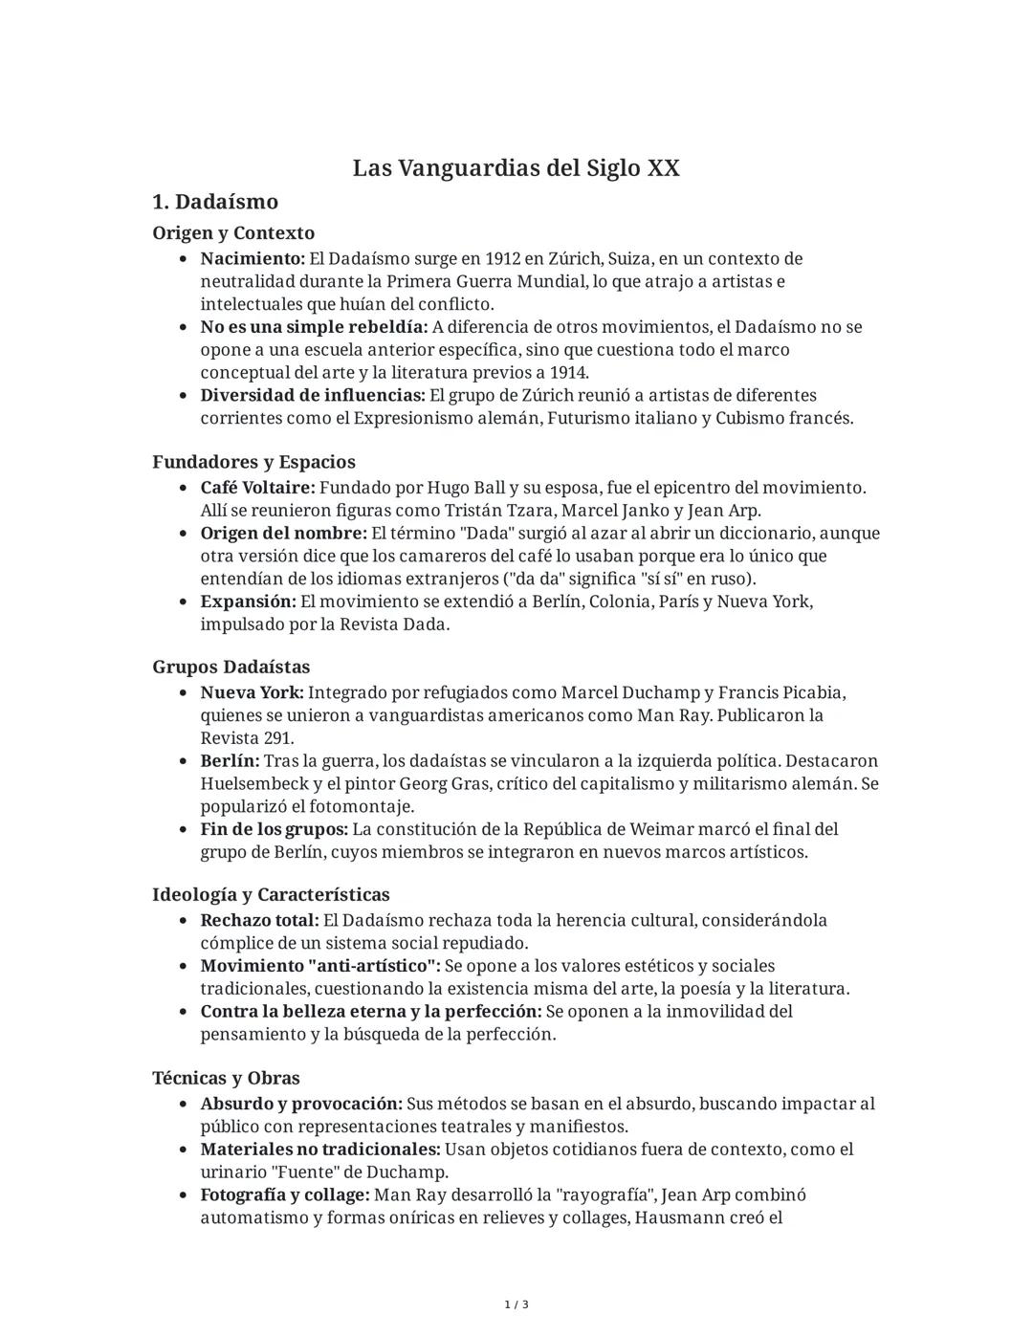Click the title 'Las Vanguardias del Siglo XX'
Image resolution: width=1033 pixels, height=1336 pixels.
click(516, 168)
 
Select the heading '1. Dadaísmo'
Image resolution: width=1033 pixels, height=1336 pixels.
click(215, 202)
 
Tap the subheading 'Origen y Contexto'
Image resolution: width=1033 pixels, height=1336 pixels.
click(233, 233)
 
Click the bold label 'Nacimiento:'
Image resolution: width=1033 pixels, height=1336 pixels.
click(253, 259)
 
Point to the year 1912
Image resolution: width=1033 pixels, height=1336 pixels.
click(503, 259)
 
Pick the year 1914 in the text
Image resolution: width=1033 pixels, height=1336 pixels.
click(568, 373)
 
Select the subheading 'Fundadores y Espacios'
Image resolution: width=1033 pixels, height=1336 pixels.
click(253, 462)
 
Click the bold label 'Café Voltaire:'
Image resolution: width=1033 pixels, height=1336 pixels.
click(257, 488)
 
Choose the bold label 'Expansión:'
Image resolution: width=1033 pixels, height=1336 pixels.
click(248, 602)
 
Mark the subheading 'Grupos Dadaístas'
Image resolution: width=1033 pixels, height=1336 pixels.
click(231, 667)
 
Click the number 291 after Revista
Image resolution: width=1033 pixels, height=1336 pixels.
click(277, 738)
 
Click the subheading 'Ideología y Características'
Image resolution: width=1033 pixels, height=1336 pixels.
click(271, 895)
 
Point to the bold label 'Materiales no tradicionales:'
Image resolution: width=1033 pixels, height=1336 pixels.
click(320, 1150)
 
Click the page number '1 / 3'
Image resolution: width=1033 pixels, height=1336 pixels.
click(516, 1304)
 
